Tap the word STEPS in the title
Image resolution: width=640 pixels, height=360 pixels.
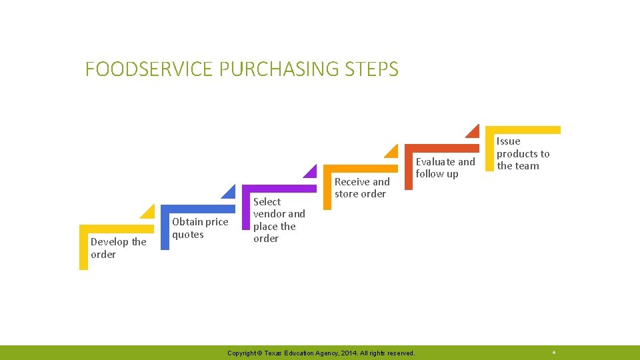372,69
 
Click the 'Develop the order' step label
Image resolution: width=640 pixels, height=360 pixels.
118,248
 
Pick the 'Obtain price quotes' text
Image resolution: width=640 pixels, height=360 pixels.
200,228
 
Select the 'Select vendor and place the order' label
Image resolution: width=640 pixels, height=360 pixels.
279,220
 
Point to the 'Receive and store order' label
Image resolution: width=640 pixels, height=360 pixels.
362,187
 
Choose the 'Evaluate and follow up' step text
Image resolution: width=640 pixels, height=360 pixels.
445,167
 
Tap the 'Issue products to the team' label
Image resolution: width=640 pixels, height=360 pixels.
523,153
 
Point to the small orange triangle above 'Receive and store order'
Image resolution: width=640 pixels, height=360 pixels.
392,152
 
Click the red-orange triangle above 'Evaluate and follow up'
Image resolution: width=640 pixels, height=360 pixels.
473,132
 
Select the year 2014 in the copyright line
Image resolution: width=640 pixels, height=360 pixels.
347,353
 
